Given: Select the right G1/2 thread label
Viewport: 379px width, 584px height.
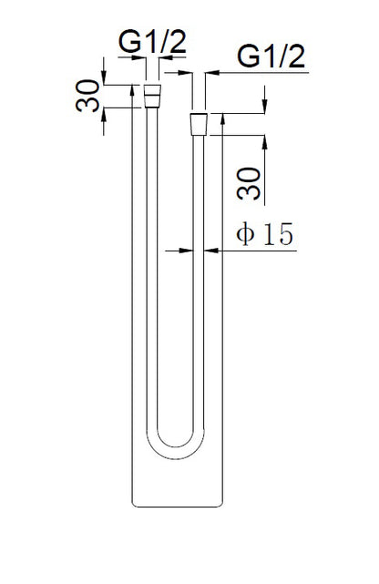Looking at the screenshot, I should (271, 56).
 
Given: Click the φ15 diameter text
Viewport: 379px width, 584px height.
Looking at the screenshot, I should (263, 234).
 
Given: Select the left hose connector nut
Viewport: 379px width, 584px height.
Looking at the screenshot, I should (154, 91).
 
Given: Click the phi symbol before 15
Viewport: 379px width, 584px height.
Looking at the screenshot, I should (243, 234).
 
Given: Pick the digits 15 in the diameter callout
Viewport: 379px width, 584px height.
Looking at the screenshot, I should (276, 234).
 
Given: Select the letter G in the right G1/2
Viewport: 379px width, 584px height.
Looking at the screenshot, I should (249, 56).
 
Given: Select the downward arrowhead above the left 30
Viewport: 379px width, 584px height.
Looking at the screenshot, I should (105, 79).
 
